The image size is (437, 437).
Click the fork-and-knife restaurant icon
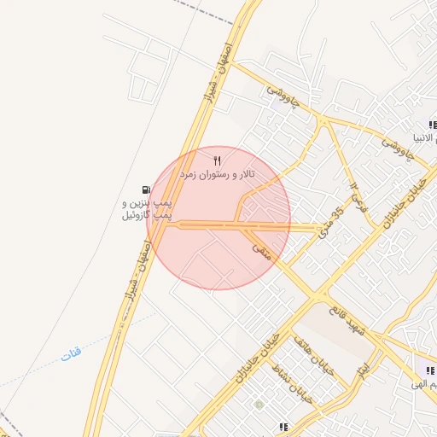(x=217, y=160)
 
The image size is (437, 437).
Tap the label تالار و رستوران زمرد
(x=217, y=174)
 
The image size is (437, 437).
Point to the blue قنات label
(x=71, y=353)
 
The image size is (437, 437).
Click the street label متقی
(x=261, y=249)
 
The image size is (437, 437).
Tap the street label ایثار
(x=364, y=370)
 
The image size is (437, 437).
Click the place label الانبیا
(x=424, y=137)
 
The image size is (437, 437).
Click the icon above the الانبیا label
(x=433, y=125)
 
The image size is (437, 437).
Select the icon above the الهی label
(x=428, y=370)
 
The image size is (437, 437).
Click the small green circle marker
(x=258, y=404)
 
